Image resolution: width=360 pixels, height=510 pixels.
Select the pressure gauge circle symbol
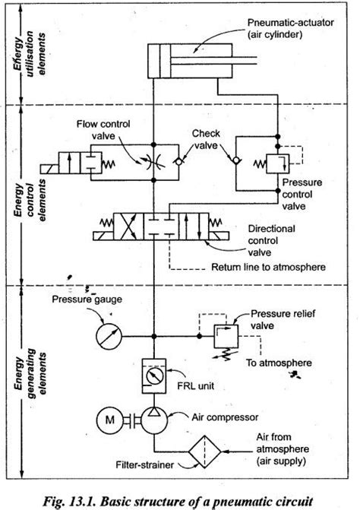tap(111, 334)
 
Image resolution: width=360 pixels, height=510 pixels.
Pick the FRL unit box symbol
tap(154, 375)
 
